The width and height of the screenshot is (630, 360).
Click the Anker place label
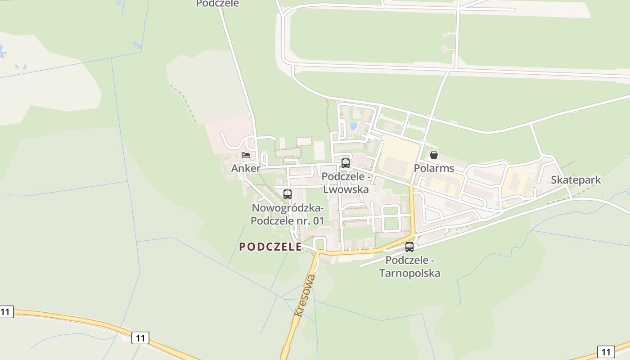245,168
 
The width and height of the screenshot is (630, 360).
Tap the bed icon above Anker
246,155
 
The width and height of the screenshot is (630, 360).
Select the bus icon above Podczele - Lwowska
345,163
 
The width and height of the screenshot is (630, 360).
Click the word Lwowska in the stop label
346,189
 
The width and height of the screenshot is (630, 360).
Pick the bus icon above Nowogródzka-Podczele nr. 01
287,194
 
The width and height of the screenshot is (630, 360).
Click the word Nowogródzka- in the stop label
288,208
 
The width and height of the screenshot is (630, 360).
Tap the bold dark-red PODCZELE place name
270,247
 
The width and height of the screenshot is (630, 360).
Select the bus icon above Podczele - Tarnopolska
409,247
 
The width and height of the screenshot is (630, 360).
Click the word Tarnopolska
409,273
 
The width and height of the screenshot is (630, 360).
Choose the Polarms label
434,168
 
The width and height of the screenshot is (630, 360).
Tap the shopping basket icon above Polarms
434,155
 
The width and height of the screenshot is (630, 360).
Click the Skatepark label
576,180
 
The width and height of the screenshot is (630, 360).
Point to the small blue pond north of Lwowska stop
353,126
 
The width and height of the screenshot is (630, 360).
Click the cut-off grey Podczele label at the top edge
217,4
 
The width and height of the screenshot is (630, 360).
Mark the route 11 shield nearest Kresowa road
140,338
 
